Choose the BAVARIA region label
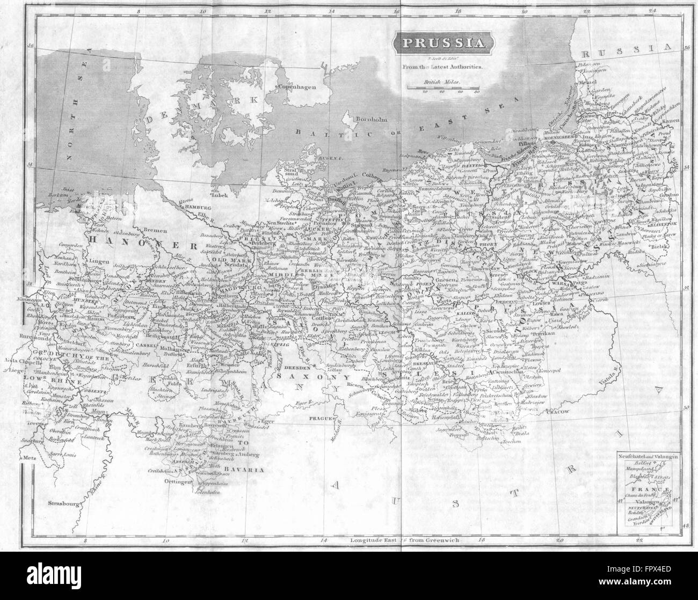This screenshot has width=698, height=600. point(248,455)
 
